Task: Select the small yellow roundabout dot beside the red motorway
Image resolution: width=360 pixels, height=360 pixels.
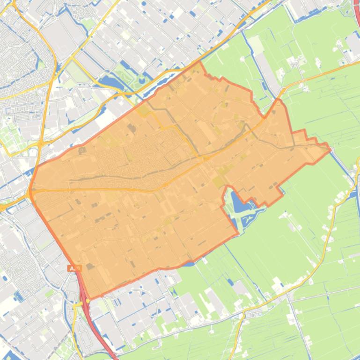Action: click(75, 304)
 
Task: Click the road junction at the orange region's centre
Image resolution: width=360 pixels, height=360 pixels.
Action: click(205, 159)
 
